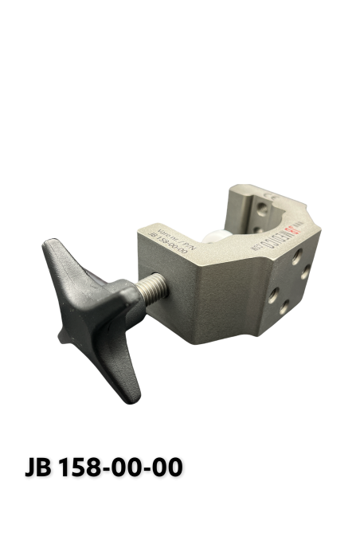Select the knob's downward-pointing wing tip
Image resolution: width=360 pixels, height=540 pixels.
[x=132, y=383]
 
